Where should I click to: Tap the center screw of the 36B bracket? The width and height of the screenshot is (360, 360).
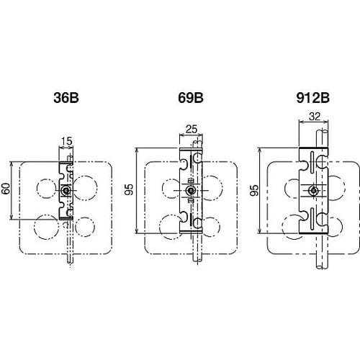(x=66, y=190)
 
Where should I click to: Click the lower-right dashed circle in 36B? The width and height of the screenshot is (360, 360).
(x=85, y=225)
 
